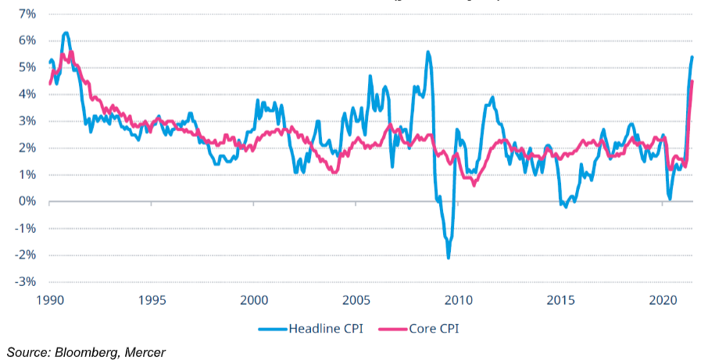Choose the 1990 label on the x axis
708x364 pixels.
click(x=49, y=300)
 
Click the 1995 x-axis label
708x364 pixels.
click(x=152, y=300)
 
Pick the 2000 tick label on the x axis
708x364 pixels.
click(x=254, y=300)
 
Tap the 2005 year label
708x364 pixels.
click(x=356, y=300)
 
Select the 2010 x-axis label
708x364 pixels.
click(x=459, y=300)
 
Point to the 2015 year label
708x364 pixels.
click(x=561, y=300)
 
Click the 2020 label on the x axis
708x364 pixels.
click(x=663, y=300)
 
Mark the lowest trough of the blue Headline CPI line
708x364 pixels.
click(x=449, y=258)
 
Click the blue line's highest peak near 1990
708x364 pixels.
click(x=66, y=33)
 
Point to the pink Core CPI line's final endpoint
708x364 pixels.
click(x=692, y=81)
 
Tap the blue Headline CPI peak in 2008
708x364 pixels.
click(x=427, y=52)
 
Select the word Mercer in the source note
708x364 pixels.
click(x=145, y=352)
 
